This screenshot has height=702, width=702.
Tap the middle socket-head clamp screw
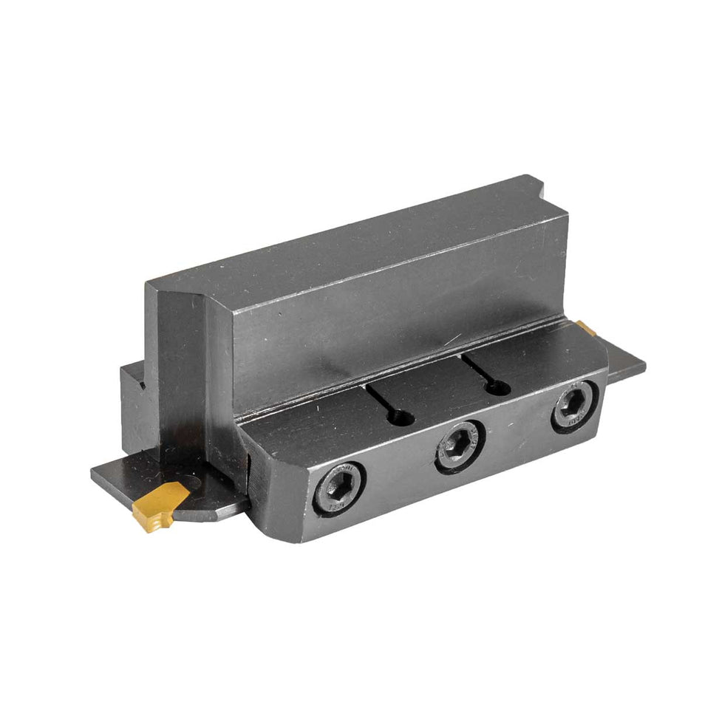point(460,446)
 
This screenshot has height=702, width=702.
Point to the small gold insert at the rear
point(587,327)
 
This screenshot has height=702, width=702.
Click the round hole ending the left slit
point(403,418)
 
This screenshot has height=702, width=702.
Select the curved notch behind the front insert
point(194,484)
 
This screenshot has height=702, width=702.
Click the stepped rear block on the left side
point(137,406)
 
